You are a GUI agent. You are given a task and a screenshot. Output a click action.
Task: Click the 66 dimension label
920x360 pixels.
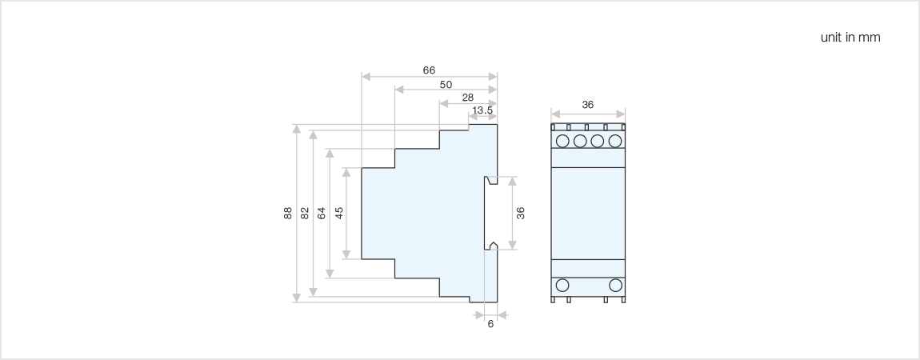[429, 70]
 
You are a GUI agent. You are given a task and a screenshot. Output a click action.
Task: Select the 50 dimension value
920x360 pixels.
[446, 84]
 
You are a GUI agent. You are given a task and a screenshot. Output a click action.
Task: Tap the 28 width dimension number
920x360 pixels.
[468, 97]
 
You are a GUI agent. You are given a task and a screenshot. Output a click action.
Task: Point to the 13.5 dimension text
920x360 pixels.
[482, 110]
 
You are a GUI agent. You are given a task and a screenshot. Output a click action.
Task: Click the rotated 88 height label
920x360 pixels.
[287, 213]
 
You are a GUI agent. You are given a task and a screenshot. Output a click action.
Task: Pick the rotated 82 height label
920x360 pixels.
[304, 213]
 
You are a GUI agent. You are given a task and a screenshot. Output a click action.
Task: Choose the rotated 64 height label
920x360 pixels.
[321, 213]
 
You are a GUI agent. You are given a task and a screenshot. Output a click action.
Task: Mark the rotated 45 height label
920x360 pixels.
[338, 213]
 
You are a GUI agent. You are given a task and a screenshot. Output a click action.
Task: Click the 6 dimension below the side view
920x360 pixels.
[490, 324]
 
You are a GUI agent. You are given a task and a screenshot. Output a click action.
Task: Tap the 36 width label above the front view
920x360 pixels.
[588, 105]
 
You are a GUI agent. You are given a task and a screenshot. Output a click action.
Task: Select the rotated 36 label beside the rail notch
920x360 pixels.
[520, 213]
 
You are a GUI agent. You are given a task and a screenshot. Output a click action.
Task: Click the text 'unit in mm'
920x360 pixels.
[850, 38]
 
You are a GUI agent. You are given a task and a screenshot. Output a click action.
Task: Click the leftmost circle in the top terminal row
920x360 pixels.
[562, 142]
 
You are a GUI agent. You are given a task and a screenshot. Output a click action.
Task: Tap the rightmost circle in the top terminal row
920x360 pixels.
[615, 142]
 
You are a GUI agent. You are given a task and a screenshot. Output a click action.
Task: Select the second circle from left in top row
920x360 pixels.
[580, 142]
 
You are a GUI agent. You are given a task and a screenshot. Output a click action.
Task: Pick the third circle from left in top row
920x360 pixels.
[598, 142]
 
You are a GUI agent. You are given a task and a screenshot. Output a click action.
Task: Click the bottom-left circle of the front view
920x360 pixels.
[562, 285]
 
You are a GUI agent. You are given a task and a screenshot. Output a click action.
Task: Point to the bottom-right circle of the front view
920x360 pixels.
[615, 285]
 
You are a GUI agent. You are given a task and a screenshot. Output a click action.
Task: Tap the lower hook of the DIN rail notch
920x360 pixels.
[491, 245]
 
